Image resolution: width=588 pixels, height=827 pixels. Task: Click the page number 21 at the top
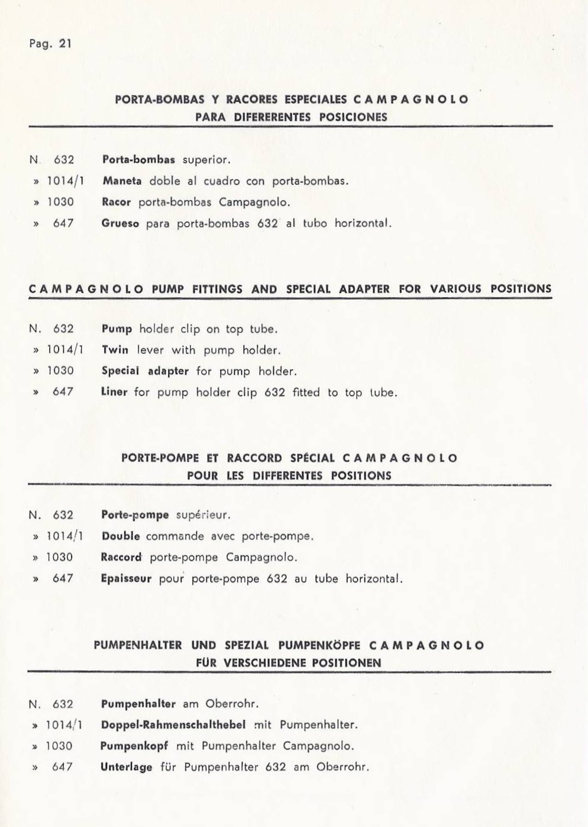[65, 43]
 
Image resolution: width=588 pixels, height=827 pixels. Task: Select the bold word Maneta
[122, 181]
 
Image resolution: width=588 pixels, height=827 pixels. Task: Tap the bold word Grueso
[121, 224]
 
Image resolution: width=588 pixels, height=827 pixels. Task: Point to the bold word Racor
[117, 202]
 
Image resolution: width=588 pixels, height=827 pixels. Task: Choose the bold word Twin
[115, 350]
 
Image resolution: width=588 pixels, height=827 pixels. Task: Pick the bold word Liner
[115, 392]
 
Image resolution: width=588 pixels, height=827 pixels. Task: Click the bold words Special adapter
[145, 371]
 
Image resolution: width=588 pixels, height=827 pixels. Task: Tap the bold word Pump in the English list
[117, 329]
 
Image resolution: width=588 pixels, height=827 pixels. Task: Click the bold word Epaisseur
[127, 578]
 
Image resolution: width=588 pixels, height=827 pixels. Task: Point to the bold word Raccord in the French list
[122, 557]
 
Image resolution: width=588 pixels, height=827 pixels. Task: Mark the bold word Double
[121, 536]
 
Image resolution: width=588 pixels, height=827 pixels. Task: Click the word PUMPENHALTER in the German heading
[137, 645]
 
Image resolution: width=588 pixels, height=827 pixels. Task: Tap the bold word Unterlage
[127, 767]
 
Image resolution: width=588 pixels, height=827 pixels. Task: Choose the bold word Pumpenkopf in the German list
[134, 746]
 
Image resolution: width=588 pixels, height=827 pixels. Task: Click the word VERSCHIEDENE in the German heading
[261, 663]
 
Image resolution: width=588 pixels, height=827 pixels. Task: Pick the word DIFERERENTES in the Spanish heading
[272, 117]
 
